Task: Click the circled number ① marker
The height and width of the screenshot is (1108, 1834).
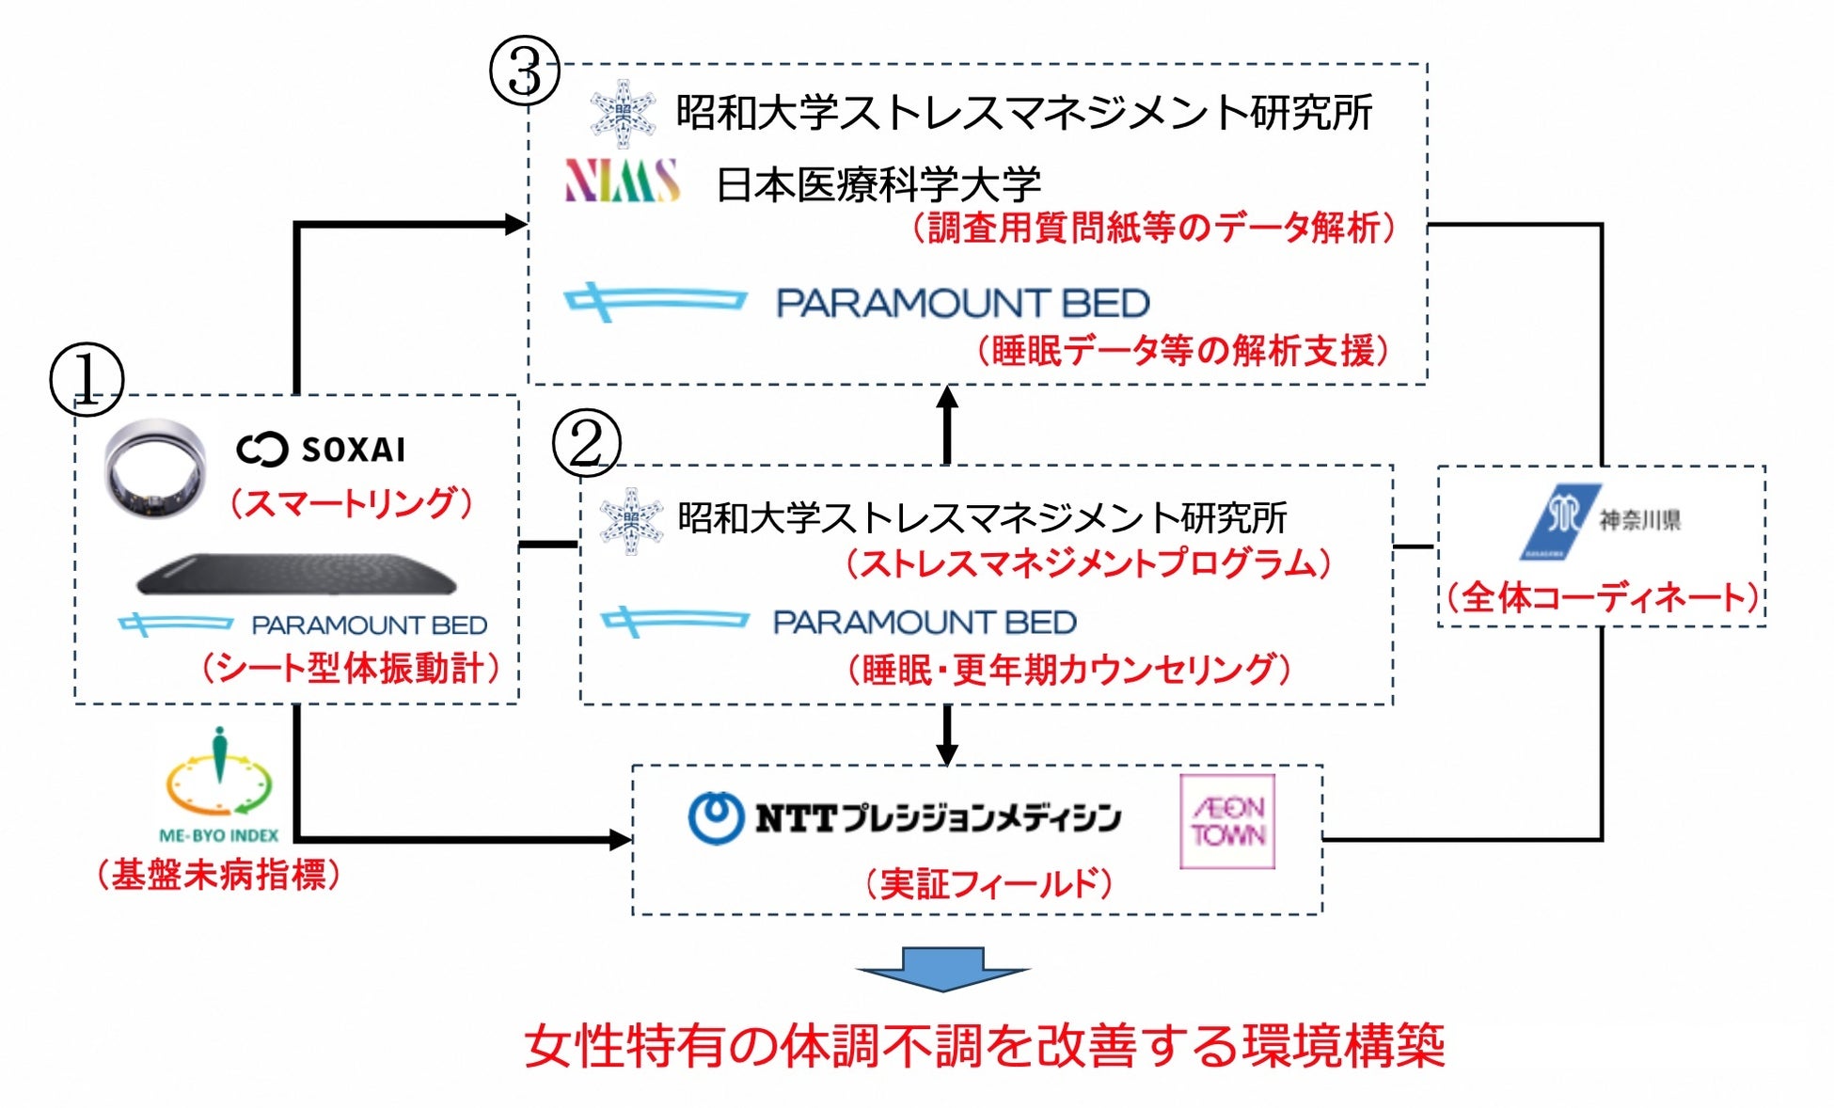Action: pyautogui.click(x=87, y=380)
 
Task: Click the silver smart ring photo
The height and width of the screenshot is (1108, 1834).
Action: pyautogui.click(x=155, y=467)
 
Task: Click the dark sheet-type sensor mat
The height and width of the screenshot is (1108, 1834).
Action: pyautogui.click(x=296, y=574)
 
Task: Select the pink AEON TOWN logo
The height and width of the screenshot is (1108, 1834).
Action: pyautogui.click(x=1227, y=821)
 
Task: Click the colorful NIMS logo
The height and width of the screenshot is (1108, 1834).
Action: pyautogui.click(x=622, y=181)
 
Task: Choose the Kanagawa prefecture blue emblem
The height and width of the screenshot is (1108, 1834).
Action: pyautogui.click(x=1561, y=521)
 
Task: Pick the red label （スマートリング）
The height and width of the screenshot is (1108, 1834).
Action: pyautogui.click(x=351, y=503)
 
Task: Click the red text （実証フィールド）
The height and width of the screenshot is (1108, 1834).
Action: pyautogui.click(x=988, y=883)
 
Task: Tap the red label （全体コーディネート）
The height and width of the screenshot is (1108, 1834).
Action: pyautogui.click(x=1602, y=597)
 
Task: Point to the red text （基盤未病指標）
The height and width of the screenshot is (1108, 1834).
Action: pyautogui.click(x=218, y=875)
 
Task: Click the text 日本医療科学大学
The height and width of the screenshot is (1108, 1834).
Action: pyautogui.click(x=878, y=184)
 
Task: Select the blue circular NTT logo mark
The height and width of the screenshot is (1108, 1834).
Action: pyautogui.click(x=716, y=816)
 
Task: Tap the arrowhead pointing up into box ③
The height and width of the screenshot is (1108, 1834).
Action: pyautogui.click(x=947, y=399)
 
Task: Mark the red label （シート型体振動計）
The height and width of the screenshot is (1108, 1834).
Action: pyautogui.click(x=350, y=668)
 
